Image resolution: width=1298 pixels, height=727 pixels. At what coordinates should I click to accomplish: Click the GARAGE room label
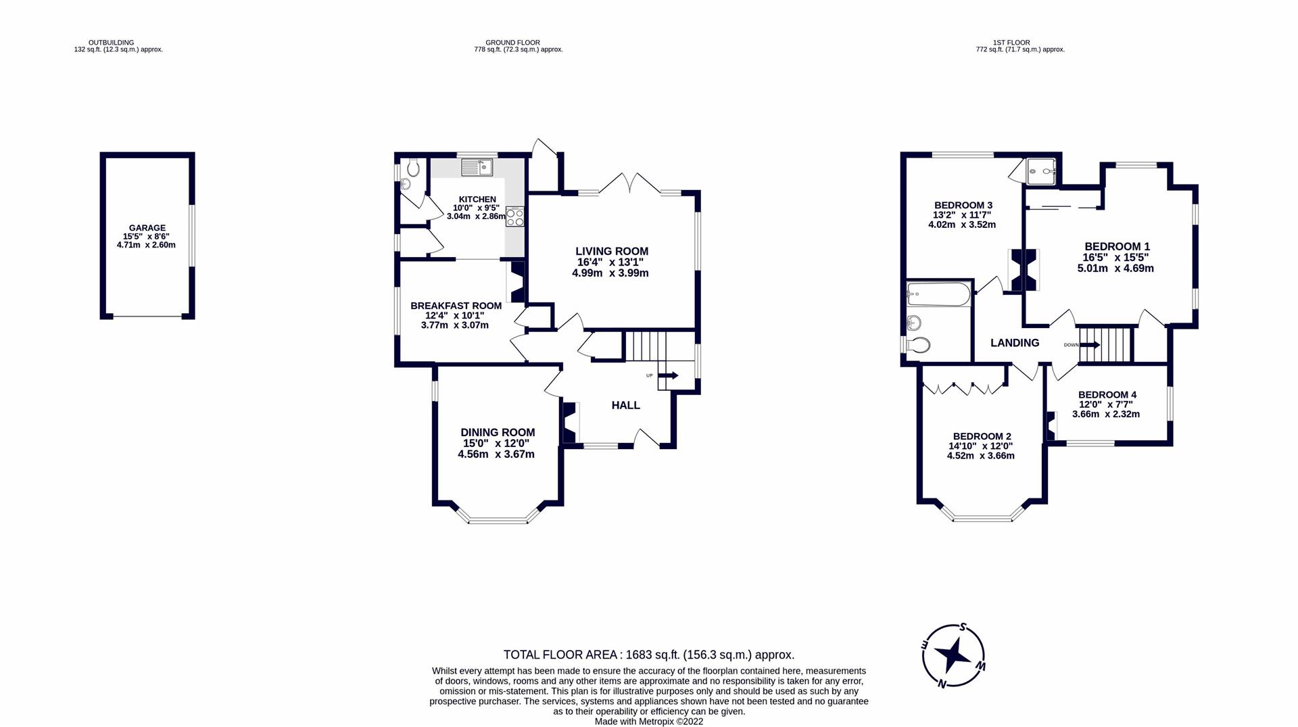tap(147, 228)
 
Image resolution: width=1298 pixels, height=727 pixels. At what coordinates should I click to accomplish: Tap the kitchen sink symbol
tap(478, 166)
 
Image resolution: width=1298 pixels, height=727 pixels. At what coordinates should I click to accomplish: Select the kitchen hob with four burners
tap(515, 216)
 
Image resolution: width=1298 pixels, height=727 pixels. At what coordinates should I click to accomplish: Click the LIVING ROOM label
tap(611, 252)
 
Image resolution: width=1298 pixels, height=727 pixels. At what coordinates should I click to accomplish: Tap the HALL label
tap(625, 405)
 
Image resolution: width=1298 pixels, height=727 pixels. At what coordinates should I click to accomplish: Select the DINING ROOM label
tap(498, 432)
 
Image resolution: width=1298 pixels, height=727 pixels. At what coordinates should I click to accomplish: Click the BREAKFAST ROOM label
tap(456, 306)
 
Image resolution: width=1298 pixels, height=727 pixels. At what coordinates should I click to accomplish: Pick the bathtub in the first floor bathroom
tap(938, 294)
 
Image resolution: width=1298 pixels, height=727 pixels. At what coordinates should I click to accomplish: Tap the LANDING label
tap(1014, 343)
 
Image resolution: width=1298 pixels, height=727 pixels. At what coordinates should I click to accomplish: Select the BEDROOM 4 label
tap(1107, 394)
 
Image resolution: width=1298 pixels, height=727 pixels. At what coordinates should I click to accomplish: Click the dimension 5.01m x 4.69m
tap(1115, 268)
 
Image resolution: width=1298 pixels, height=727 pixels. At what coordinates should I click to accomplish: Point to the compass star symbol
tap(953, 655)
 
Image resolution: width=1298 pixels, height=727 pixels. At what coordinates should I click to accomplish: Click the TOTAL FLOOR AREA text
tap(648, 655)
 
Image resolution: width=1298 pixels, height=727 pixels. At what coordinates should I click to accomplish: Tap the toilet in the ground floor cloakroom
tap(413, 166)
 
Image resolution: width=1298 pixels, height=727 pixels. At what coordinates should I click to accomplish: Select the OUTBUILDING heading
tap(111, 43)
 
